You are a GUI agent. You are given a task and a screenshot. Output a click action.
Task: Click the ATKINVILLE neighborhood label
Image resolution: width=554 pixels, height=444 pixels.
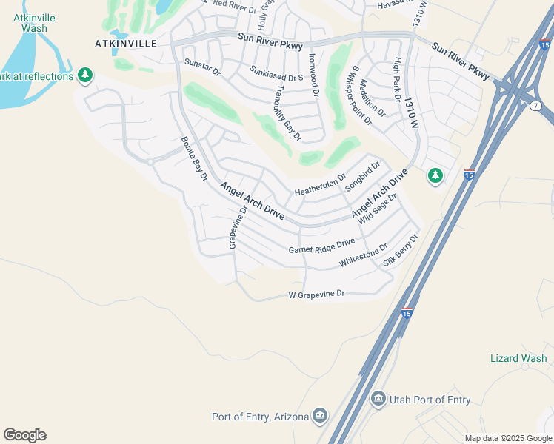point(126,44)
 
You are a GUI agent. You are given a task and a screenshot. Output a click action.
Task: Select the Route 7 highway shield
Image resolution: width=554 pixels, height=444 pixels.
point(536,107)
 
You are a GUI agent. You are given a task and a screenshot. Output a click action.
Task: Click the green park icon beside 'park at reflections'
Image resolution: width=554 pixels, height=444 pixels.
point(86,75)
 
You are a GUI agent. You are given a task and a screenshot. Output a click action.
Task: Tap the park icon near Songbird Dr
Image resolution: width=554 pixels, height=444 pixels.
point(435,176)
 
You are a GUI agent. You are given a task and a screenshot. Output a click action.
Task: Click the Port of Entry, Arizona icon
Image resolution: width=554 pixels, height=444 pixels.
point(320,416)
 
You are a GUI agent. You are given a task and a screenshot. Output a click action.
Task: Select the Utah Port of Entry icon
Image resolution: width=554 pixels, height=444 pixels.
point(378,400)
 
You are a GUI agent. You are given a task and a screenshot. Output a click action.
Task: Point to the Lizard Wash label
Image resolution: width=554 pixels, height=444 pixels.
point(518,359)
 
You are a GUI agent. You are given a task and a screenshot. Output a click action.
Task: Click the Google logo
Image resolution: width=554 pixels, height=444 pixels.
point(24,435)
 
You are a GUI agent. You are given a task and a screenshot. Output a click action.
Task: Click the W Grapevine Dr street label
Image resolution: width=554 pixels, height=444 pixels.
point(317,295)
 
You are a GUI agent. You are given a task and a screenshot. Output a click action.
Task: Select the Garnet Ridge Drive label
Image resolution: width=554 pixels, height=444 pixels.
point(321,248)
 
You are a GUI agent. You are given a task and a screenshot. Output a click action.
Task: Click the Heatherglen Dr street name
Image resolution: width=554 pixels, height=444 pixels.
point(320,185)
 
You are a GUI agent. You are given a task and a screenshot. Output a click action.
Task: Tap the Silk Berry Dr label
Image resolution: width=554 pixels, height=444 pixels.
point(401,251)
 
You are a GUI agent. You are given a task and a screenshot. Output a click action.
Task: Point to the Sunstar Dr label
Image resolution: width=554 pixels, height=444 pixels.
point(202,67)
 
